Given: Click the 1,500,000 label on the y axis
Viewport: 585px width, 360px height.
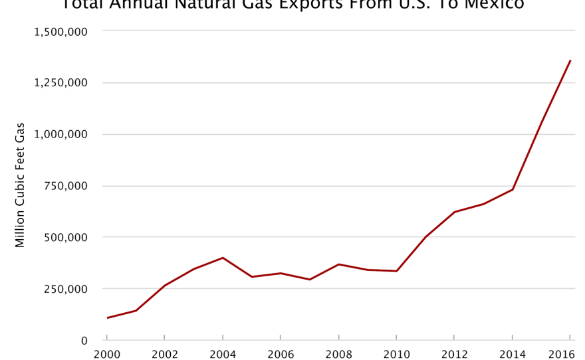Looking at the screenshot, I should pyautogui.click(x=60, y=31).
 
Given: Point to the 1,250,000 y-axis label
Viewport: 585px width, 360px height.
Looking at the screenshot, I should pyautogui.click(x=60, y=82).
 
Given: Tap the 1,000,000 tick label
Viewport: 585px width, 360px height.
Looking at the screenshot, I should pyautogui.click(x=60, y=134).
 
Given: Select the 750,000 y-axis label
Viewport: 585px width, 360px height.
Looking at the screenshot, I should pyautogui.click(x=64, y=185).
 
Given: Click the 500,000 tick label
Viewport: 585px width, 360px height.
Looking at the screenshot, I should pyautogui.click(x=64, y=237).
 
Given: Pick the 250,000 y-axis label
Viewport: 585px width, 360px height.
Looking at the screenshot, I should pyautogui.click(x=64, y=289).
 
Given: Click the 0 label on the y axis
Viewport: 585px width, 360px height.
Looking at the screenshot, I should pyautogui.click(x=84, y=341).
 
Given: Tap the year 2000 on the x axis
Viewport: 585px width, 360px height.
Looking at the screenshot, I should pyautogui.click(x=106, y=354).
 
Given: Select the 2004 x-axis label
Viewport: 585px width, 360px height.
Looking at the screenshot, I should pyautogui.click(x=223, y=354).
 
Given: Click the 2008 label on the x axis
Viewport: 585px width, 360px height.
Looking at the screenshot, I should pyautogui.click(x=338, y=354).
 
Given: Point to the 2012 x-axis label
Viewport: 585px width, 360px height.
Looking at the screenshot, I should pyautogui.click(x=455, y=354).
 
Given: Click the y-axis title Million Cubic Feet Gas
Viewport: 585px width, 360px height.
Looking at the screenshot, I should pyautogui.click(x=20, y=185).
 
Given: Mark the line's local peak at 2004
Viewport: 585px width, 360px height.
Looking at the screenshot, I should pyautogui.click(x=223, y=258).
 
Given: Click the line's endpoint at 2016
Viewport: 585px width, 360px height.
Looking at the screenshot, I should pyautogui.click(x=570, y=60).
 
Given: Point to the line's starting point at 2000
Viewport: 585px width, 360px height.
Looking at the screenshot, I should pyautogui.click(x=107, y=318).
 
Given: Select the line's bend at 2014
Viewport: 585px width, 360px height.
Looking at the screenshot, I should pyautogui.click(x=513, y=189).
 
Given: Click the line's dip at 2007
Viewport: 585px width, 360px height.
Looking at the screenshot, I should pyautogui.click(x=310, y=280).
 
